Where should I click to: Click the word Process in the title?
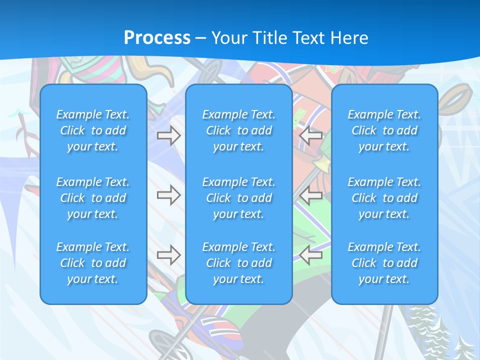tap(157, 37)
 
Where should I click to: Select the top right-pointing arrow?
tap(168, 135)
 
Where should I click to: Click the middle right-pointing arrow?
tap(168, 195)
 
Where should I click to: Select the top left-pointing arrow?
tap(311, 135)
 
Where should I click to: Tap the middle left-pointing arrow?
tap(311, 195)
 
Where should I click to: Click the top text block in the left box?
tap(93, 130)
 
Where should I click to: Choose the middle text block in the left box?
tap(93, 198)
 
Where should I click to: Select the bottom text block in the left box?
tap(93, 263)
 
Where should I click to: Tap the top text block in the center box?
tap(238, 130)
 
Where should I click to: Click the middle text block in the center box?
tap(238, 198)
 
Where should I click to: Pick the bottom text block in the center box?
tap(238, 263)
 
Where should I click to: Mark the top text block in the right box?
tap(384, 130)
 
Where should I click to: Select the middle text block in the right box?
tap(384, 198)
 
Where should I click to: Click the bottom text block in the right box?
tap(384, 263)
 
